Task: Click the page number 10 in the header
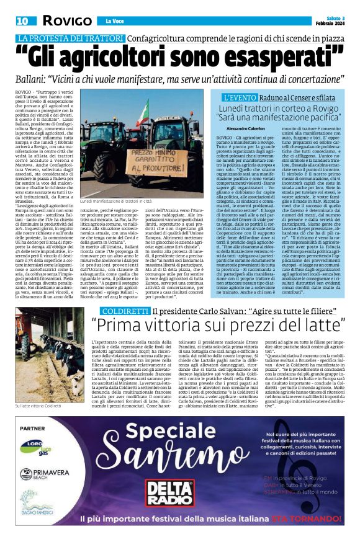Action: [x=22, y=21]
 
